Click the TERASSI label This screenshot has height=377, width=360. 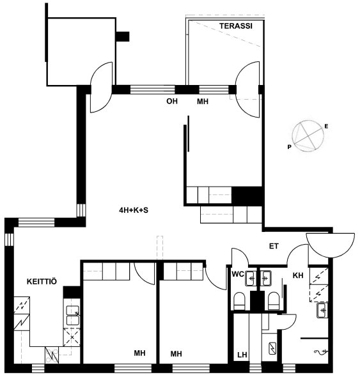click(x=235, y=26)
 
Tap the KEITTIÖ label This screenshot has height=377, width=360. click(x=42, y=281)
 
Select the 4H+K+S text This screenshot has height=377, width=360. click(x=134, y=210)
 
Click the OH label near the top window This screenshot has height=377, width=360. click(x=172, y=101)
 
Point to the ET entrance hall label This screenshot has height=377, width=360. click(x=274, y=246)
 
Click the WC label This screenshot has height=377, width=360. click(x=238, y=274)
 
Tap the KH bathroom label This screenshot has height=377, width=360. click(x=298, y=275)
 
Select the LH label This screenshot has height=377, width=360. click(x=242, y=355)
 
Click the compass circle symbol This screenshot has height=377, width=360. click(x=308, y=136)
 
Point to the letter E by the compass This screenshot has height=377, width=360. click(x=326, y=127)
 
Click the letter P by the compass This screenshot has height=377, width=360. click(x=289, y=147)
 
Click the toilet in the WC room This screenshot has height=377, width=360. click(x=239, y=301)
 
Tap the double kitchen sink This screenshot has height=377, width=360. click(x=73, y=315)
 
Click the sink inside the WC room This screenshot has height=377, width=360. click(x=251, y=278)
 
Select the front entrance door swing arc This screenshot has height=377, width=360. click(x=330, y=246)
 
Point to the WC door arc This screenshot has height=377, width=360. click(x=242, y=252)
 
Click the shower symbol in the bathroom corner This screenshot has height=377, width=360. click(x=320, y=352)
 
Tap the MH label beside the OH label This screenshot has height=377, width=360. click(x=203, y=102)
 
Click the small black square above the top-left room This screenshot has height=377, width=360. click(x=123, y=36)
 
